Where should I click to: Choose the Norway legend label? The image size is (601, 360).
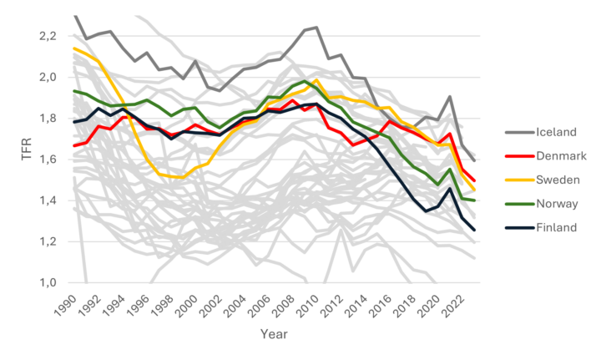tap(555, 204)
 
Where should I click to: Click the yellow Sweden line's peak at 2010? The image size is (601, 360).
tap(316, 80)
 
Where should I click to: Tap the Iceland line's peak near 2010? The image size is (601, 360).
tap(316, 28)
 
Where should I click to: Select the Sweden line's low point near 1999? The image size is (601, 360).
tap(183, 178)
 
